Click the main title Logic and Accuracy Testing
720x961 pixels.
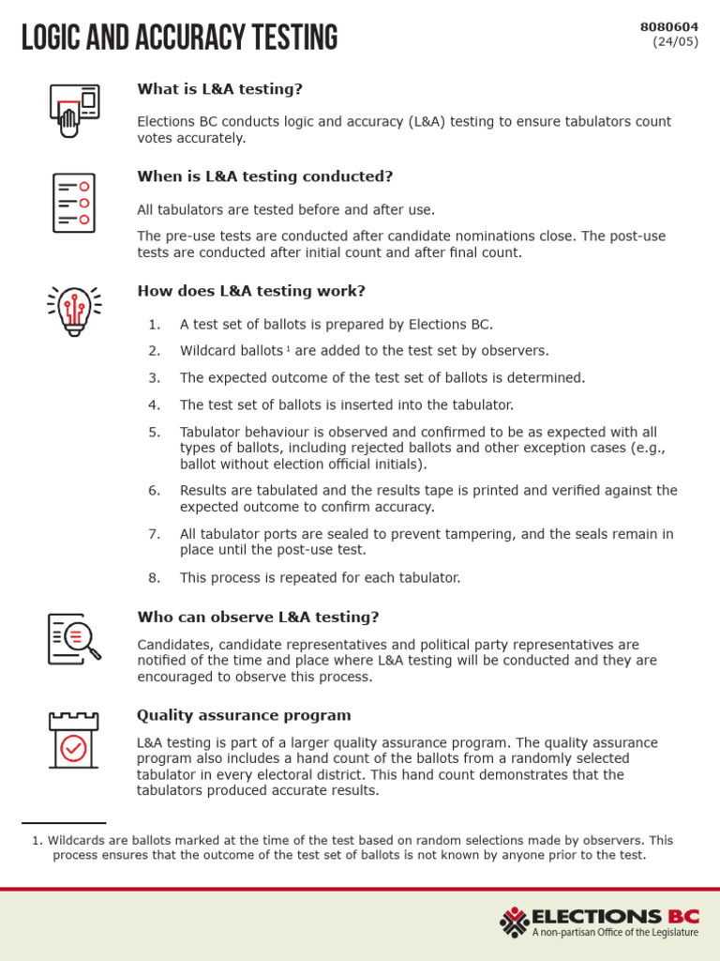pyautogui.click(x=179, y=38)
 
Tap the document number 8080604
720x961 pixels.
pyautogui.click(x=668, y=27)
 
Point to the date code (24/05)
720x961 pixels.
pyautogui.click(x=675, y=41)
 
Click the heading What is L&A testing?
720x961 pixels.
pyautogui.click(x=219, y=89)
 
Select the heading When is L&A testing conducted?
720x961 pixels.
pyautogui.click(x=264, y=176)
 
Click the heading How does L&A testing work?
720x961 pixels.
pyautogui.click(x=251, y=291)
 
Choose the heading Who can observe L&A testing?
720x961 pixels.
pyautogui.click(x=258, y=618)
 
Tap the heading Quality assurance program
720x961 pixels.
pyautogui.click(x=244, y=715)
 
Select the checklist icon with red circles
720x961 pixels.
pyautogui.click(x=73, y=203)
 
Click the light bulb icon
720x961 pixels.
pyautogui.click(x=74, y=310)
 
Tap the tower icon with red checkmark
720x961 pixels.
pyautogui.click(x=73, y=740)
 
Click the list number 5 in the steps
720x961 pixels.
pyautogui.click(x=155, y=433)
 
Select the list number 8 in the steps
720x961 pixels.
pyautogui.click(x=155, y=578)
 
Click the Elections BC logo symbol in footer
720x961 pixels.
pyautogui.click(x=514, y=922)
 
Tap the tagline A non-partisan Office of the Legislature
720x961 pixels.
pyautogui.click(x=615, y=933)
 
